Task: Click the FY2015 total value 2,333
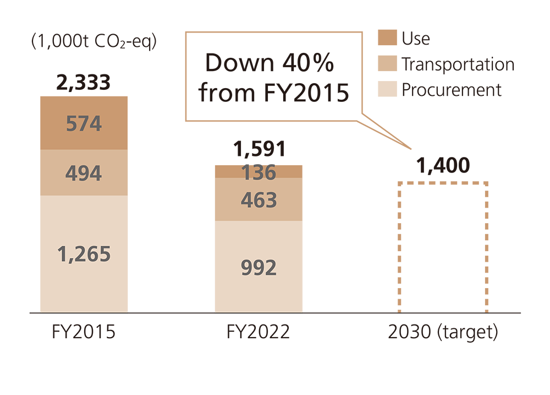[84, 83]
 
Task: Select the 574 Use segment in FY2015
[84, 123]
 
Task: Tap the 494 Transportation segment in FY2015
[84, 173]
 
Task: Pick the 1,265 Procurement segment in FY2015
[84, 254]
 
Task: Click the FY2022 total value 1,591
[258, 150]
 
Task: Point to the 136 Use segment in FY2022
[258, 172]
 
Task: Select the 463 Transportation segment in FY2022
[258, 199]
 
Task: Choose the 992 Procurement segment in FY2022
[258, 267]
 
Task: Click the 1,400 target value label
[443, 165]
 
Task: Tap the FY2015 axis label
[84, 333]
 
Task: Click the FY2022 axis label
[258, 333]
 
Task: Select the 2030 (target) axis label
[443, 333]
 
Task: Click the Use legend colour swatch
[387, 38]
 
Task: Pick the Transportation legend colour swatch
[387, 64]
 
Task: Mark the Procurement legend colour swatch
[387, 89]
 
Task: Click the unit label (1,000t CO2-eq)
[94, 42]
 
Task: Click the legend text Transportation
[458, 64]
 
